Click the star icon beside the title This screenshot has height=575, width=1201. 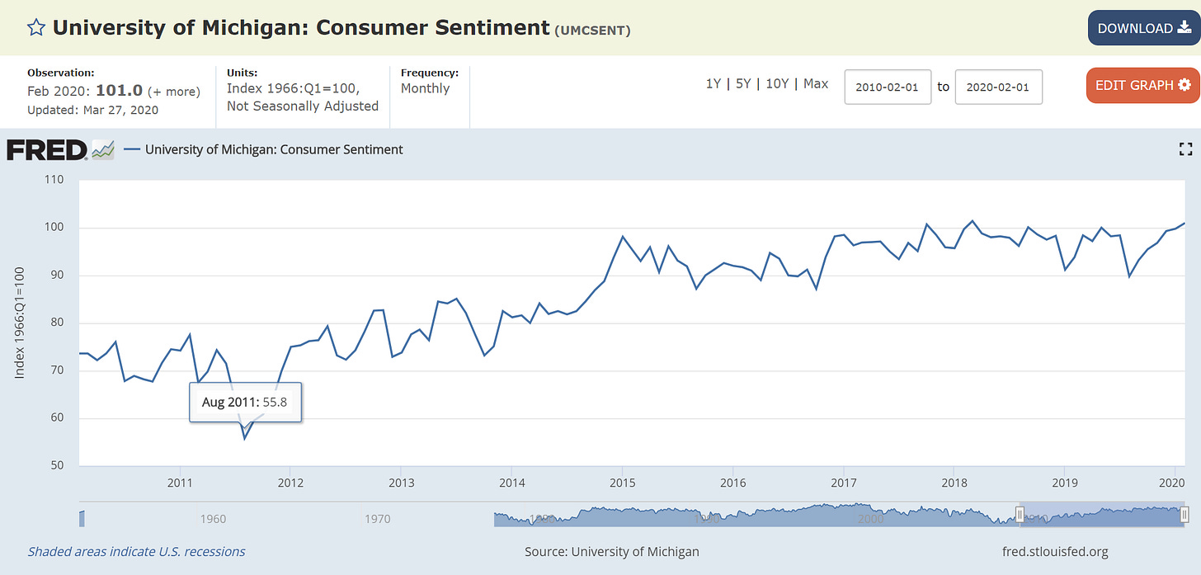point(35,28)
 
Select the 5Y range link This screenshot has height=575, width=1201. point(743,83)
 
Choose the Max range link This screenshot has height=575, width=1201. point(816,83)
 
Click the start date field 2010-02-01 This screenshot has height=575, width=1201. point(888,87)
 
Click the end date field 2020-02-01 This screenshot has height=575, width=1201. point(998,87)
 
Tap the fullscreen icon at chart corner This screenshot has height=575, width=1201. point(1186,149)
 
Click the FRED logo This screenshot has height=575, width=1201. point(47,150)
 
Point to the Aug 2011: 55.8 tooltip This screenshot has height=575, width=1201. point(245,403)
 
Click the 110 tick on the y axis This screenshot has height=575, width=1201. point(54,179)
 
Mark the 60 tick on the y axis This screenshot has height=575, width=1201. point(56,418)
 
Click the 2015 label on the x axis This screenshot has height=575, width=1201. point(622,482)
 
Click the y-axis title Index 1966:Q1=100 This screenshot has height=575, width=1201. point(20,322)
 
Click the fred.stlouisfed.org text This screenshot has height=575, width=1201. point(1053,551)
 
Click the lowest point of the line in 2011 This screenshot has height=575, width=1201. point(244,438)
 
